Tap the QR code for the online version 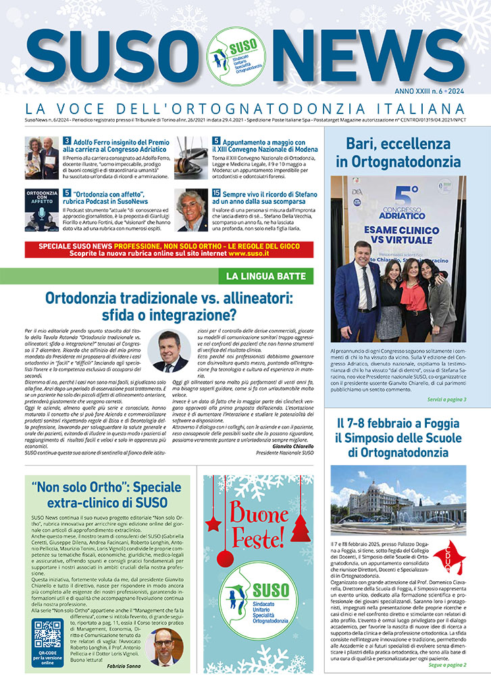point(47,633)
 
